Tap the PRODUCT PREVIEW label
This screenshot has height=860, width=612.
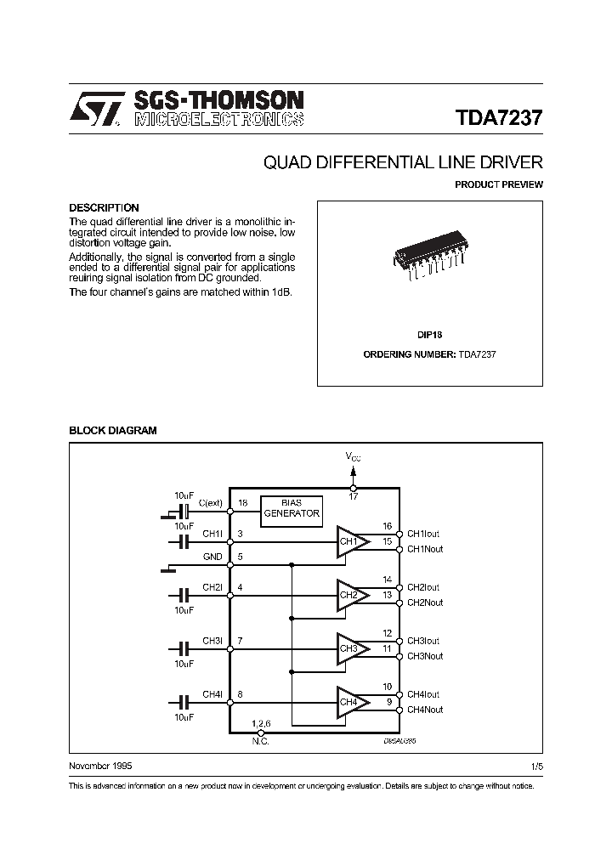(x=498, y=184)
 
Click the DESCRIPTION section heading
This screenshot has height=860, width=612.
(x=104, y=207)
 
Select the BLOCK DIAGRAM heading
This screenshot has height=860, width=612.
(x=112, y=431)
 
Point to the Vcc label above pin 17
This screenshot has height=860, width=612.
(x=353, y=457)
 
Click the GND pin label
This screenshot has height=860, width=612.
(x=212, y=557)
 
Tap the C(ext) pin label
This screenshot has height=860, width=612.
(x=210, y=503)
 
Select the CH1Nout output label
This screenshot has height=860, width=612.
(x=424, y=549)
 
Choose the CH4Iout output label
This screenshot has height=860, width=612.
(x=422, y=694)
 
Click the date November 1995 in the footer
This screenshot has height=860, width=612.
(x=99, y=766)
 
